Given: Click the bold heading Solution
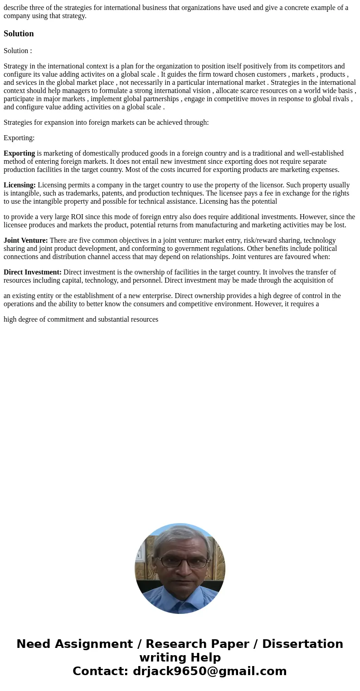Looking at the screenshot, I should pos(19,34).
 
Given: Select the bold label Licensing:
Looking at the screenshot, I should pos(19,185).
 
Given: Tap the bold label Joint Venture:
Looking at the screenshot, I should pos(25,240).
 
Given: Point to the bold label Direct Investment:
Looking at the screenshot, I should pos(32,272).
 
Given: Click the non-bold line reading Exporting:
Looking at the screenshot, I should pos(19,138).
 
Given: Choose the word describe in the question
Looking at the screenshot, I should pos(16,7).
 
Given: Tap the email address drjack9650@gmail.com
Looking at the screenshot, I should pos(209,671).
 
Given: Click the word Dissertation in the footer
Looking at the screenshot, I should pos(302,644).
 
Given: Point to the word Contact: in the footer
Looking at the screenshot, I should pos(100,671).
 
